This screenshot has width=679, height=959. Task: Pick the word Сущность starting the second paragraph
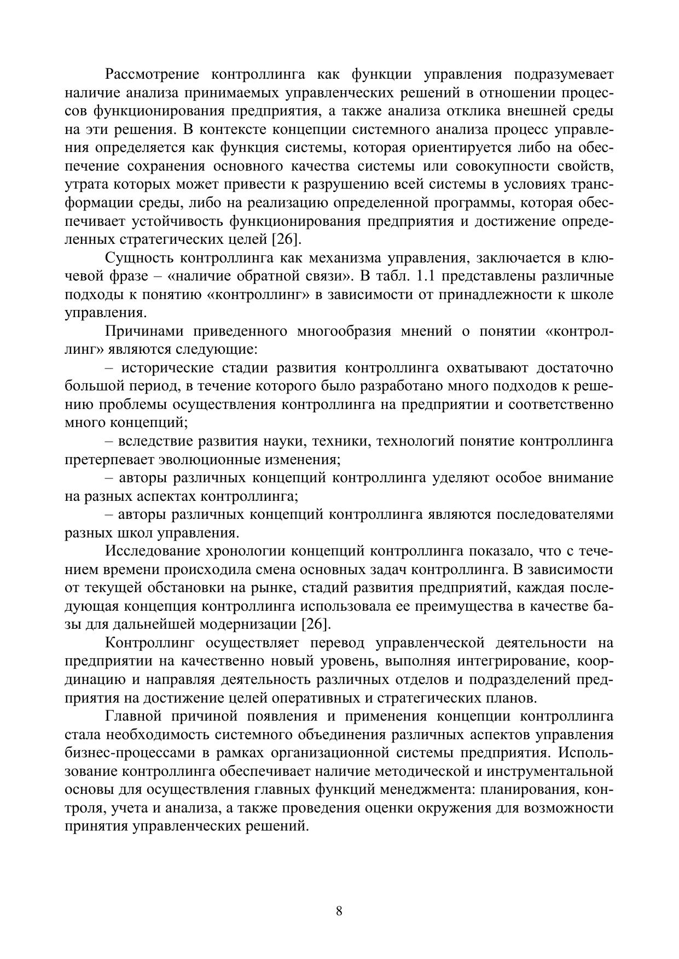pyautogui.click(x=137, y=258)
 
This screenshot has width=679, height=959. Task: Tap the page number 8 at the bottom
pyautogui.click(x=339, y=911)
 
